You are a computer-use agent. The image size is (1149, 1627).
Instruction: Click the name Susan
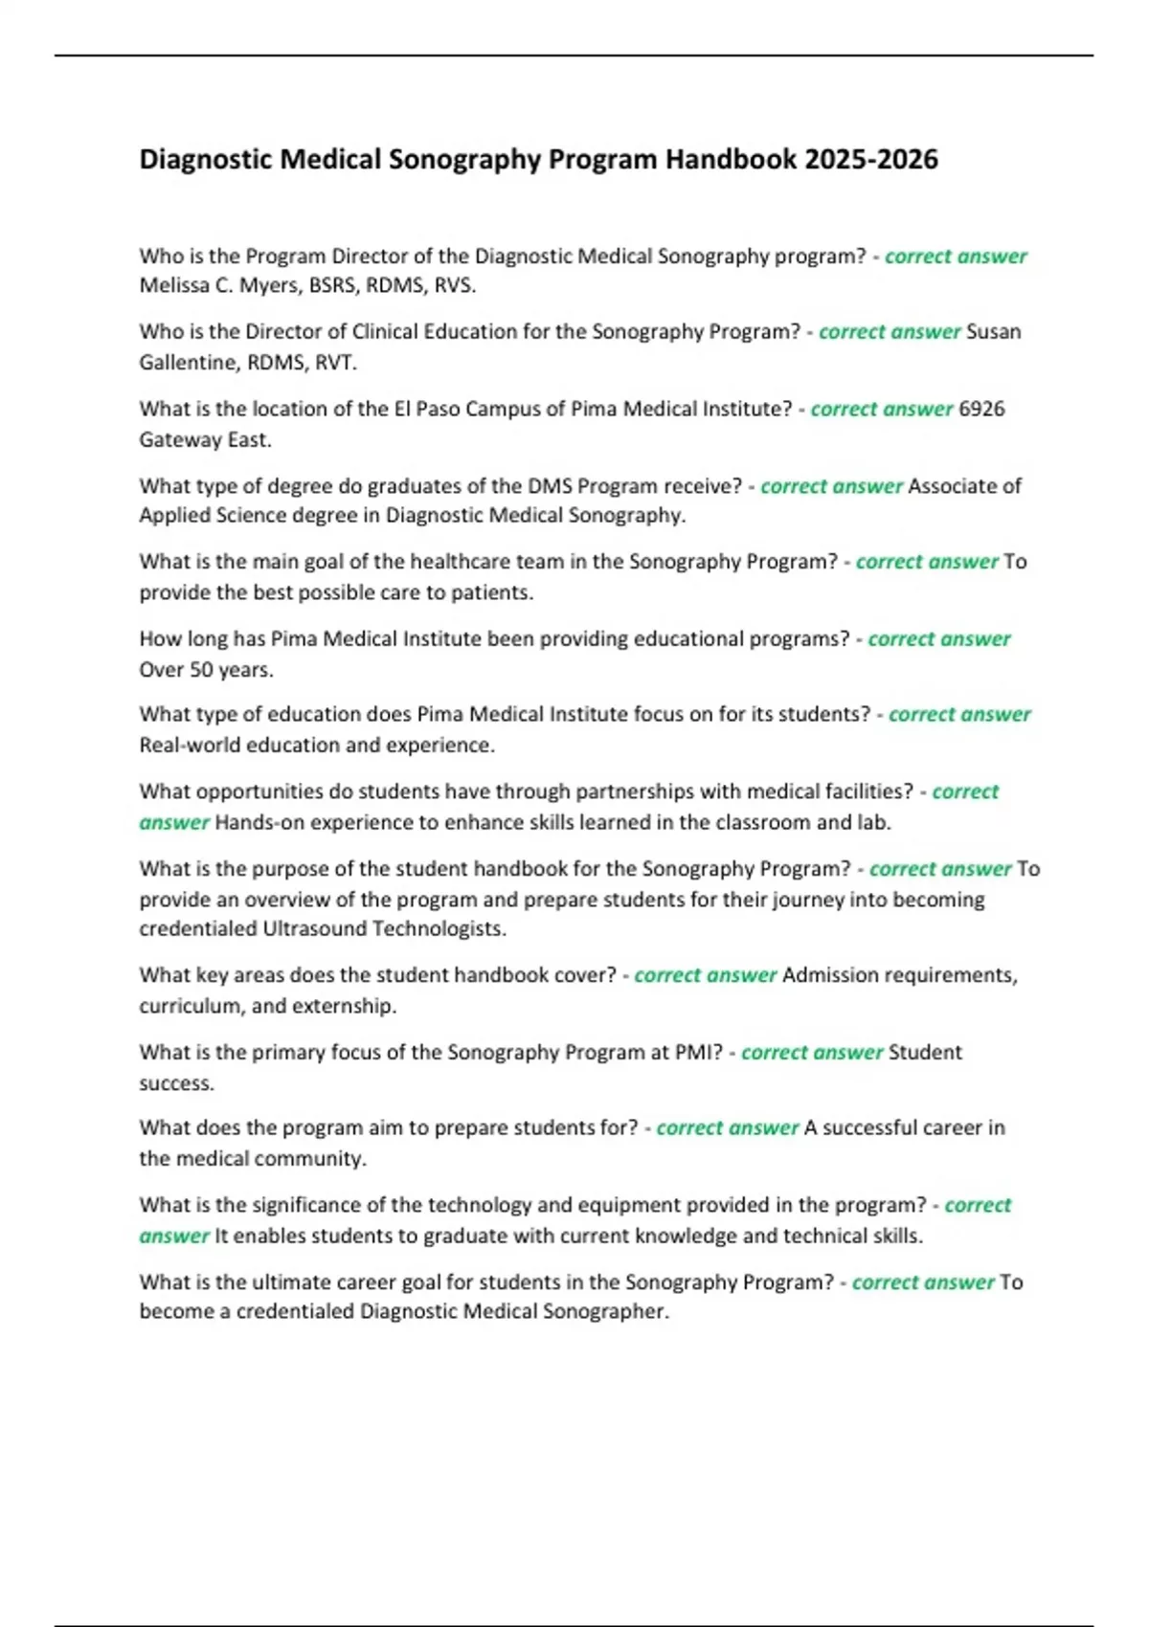coord(994,332)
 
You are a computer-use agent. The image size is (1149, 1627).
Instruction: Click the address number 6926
coord(981,409)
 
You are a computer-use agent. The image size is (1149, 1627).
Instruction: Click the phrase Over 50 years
coord(206,670)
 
